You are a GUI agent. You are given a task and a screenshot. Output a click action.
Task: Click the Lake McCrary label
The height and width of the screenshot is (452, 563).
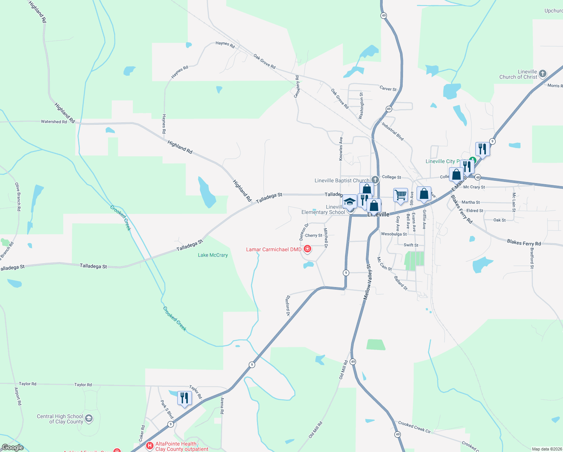(x=213, y=255)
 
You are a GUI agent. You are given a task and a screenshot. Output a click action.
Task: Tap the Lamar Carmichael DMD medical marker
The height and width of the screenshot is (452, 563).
(x=307, y=249)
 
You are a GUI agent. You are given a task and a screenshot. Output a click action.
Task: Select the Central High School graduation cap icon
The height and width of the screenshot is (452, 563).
(x=89, y=418)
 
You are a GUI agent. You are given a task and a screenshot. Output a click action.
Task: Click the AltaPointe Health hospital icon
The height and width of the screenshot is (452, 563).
(x=150, y=446)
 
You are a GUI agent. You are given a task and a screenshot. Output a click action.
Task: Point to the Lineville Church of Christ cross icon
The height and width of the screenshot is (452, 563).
(x=542, y=73)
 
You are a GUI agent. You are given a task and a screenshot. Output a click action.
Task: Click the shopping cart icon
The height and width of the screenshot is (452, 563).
(x=400, y=195)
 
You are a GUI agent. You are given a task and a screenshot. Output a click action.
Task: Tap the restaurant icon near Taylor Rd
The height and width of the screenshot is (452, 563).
(x=184, y=398)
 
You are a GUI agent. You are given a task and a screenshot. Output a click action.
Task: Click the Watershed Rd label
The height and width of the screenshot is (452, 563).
(x=54, y=122)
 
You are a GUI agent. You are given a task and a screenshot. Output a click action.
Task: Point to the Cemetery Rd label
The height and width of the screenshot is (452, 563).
(x=297, y=87)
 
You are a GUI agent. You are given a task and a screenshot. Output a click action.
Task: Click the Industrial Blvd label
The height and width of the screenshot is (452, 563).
(x=393, y=131)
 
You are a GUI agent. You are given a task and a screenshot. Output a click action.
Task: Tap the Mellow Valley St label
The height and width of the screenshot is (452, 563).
(x=367, y=282)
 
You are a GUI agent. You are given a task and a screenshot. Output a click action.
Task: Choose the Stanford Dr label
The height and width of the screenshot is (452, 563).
(x=288, y=305)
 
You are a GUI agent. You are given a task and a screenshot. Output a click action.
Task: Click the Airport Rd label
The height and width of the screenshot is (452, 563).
(x=18, y=396)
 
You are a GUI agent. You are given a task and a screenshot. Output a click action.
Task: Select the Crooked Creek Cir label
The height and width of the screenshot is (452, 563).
(x=414, y=427)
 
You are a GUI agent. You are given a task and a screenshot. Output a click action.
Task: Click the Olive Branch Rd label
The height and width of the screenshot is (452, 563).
(x=18, y=197)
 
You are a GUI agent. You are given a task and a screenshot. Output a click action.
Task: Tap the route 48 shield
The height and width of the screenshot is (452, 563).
(x=478, y=177)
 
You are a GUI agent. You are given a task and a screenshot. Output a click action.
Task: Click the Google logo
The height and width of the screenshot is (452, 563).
(x=12, y=447)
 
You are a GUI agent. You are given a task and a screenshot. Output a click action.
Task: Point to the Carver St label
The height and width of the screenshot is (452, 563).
(x=388, y=89)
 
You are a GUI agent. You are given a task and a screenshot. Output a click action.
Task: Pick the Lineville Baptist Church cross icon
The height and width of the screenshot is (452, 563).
(x=375, y=180)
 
